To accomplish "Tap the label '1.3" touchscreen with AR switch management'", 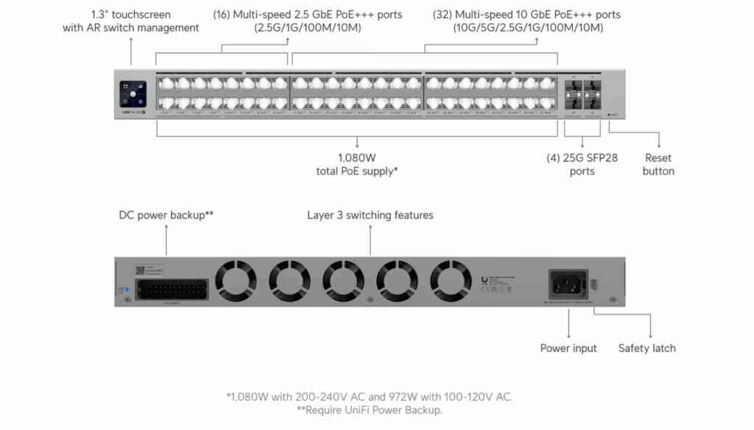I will point(130,21).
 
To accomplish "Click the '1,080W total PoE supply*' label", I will point(357,165).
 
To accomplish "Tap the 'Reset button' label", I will point(658,165).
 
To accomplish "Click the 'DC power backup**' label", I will point(166,215).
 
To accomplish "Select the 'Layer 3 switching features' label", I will point(370,215).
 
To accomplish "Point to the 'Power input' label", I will point(568,348).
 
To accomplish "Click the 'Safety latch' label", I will point(646,348).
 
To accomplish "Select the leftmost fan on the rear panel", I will point(236,281).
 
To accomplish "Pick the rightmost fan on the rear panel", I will point(451,281).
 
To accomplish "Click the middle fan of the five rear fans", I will point(344,281).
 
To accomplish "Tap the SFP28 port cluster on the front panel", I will point(582,94).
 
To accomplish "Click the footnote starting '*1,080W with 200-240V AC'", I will point(370,397).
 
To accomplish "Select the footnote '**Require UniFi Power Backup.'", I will point(370,410).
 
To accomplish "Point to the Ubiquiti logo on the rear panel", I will point(482,279).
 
